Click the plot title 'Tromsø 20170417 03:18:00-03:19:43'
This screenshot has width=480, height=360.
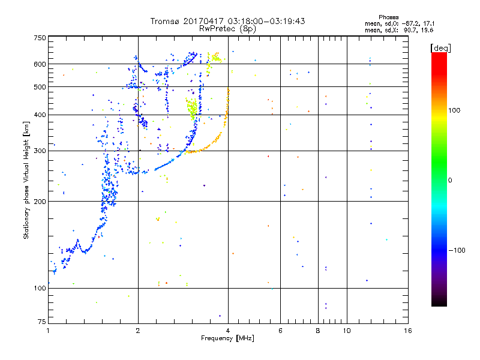tap(227, 21)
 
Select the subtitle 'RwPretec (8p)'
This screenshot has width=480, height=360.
tap(227, 28)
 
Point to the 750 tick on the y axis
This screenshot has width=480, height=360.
tap(39, 38)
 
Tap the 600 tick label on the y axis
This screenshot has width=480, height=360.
tap(39, 64)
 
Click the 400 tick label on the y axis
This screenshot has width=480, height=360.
tap(39, 115)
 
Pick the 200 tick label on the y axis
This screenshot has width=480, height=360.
tap(39, 202)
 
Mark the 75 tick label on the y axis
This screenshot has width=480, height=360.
tap(41, 323)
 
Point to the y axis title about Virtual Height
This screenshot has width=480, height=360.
tap(26, 180)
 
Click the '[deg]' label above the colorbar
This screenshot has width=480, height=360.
tap(441, 47)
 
